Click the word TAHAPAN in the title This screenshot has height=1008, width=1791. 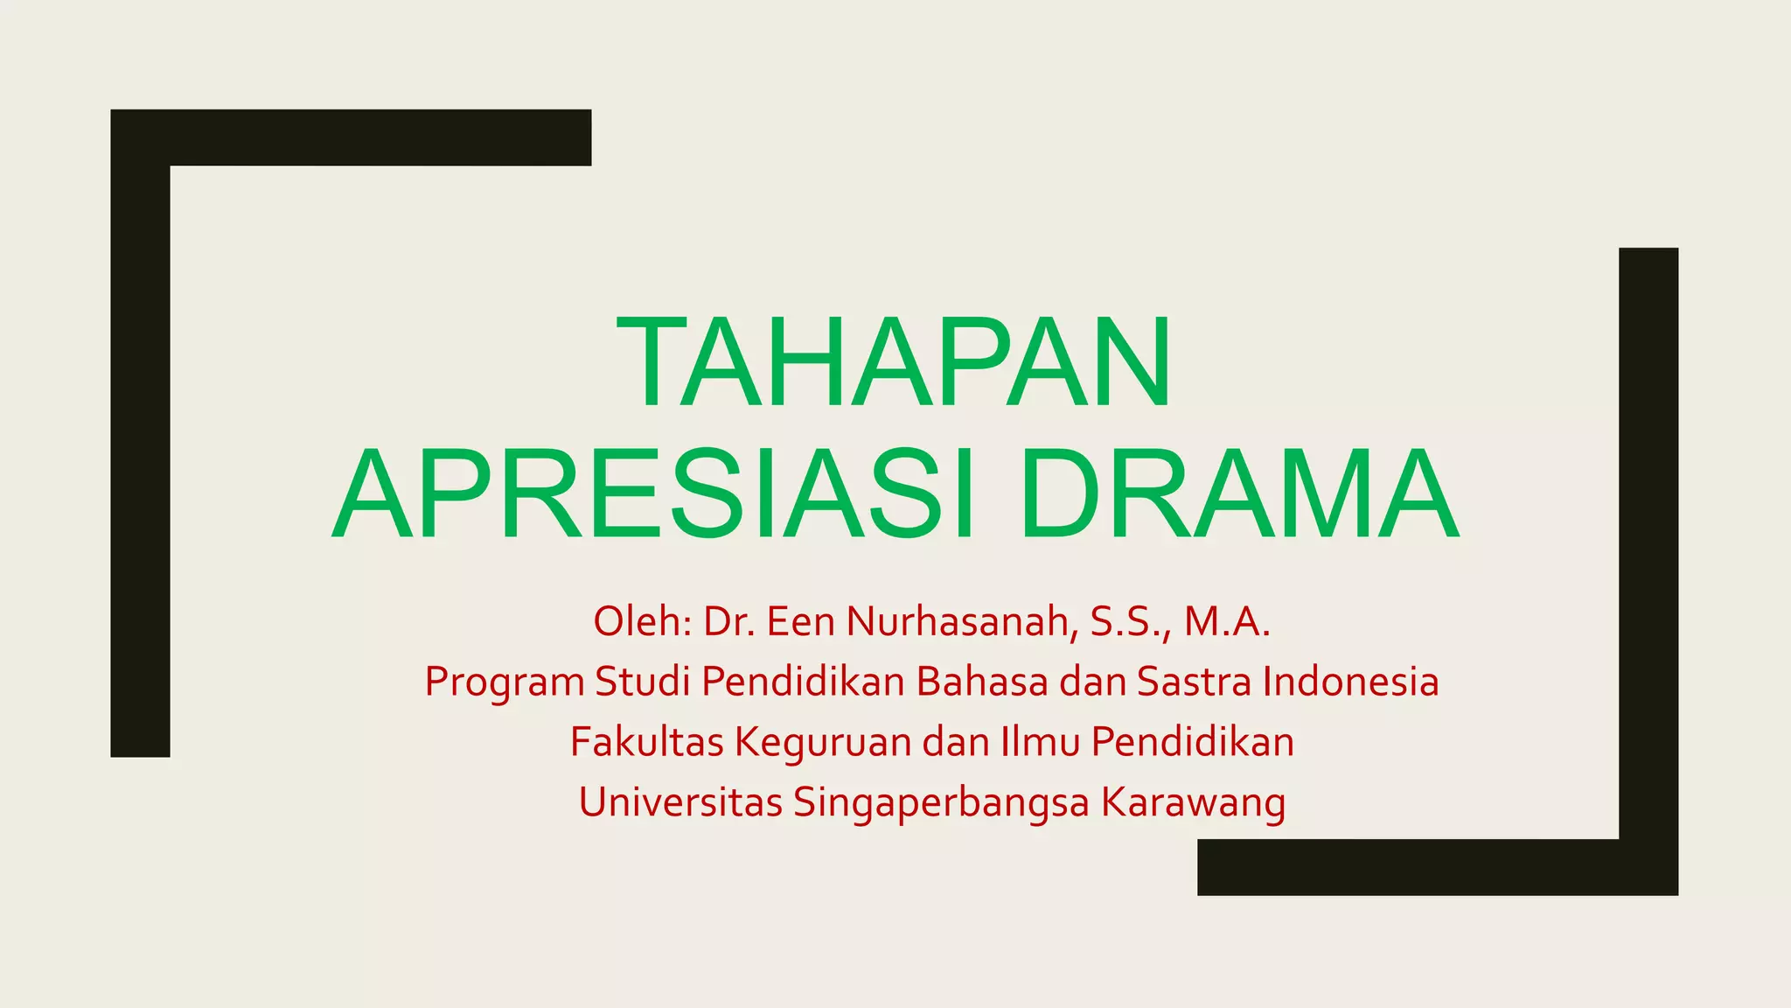coord(894,362)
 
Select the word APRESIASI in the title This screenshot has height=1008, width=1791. coord(652,494)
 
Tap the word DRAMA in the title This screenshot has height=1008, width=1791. coord(1238,494)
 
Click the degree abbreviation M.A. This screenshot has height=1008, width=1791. coord(1226,621)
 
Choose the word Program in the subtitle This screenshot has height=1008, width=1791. coord(504,682)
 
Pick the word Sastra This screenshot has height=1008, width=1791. coord(1194,682)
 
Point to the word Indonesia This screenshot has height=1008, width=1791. coord(1351,682)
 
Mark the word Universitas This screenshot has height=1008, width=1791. coord(679,802)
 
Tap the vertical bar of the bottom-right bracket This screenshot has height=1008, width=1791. coord(1648,542)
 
